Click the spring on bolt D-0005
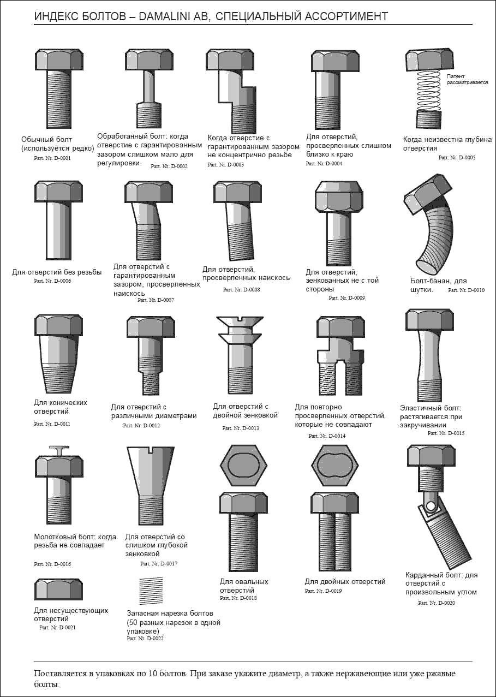tap(429, 90)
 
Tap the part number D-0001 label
tap(52, 158)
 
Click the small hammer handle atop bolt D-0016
tap(59, 451)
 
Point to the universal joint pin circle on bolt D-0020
tap(431, 505)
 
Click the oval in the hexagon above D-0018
tap(243, 466)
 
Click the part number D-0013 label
tap(241, 428)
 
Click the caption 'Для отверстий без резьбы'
tap(57, 272)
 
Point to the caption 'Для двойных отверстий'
tap(345, 581)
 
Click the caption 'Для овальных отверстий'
tap(244, 586)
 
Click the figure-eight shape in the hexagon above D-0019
tap(334, 466)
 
